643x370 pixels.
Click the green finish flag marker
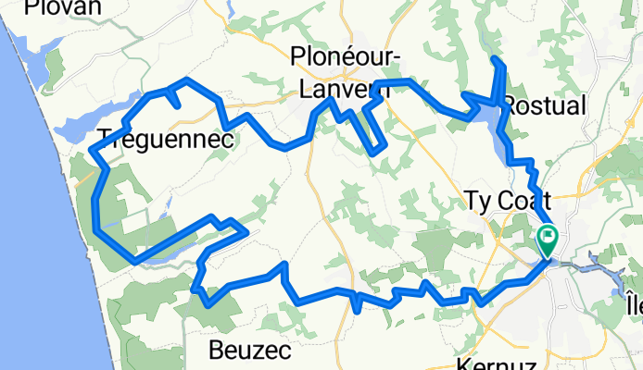pyautogui.click(x=547, y=240)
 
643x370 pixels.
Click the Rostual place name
pyautogui.click(x=545, y=105)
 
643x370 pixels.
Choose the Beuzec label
pyautogui.click(x=250, y=351)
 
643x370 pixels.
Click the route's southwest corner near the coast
pyautogui.click(x=135, y=262)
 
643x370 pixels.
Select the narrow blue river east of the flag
pyautogui.click(x=593, y=269)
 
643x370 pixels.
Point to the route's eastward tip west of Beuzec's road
pyautogui.click(x=245, y=232)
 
